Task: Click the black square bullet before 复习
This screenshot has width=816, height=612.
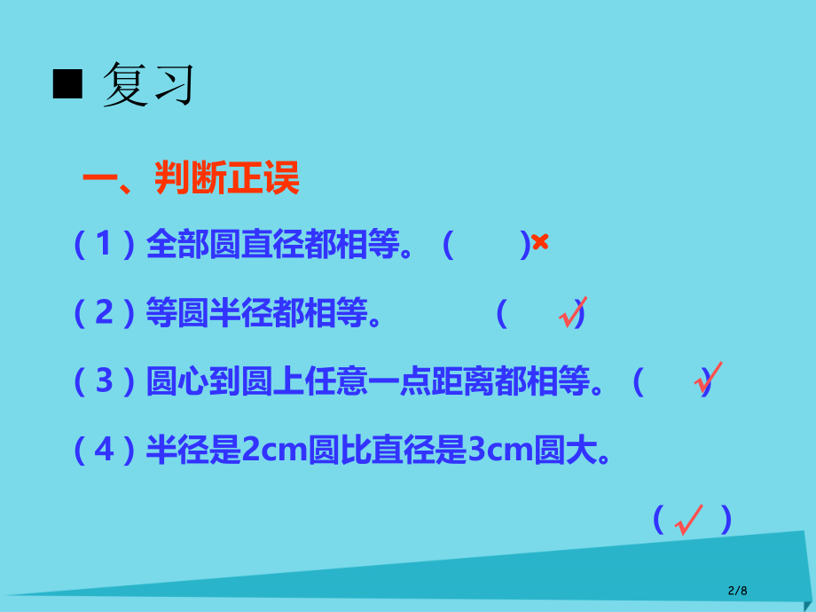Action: point(67,86)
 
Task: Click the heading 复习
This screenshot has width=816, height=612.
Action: point(148,86)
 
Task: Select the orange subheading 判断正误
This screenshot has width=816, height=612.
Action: point(227,178)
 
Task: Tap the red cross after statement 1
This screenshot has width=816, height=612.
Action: point(540,242)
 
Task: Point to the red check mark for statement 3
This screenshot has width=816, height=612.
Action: point(708,378)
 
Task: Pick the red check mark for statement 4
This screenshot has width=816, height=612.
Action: point(688,519)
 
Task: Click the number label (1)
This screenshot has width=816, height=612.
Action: point(105,244)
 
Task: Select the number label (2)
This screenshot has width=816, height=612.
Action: point(105,313)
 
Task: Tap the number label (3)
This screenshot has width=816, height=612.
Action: point(105,382)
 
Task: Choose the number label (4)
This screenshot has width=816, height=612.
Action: point(105,451)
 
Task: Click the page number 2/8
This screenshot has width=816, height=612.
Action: point(737,590)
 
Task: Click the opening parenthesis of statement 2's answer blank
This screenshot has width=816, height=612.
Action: point(502,313)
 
